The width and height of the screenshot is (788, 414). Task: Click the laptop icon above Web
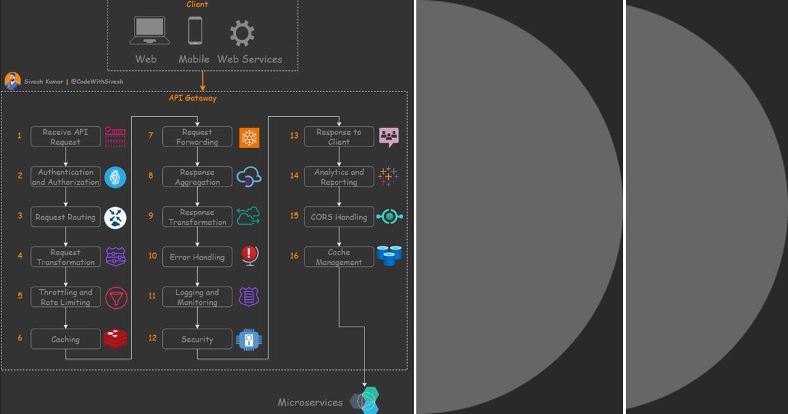(x=150, y=31)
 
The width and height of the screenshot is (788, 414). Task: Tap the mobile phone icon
(x=195, y=31)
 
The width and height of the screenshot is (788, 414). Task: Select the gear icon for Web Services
(x=242, y=32)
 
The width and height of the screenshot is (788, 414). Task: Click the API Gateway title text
(x=192, y=98)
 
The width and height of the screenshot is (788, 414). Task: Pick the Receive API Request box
(x=66, y=137)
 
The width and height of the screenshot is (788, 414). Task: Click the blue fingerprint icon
(x=116, y=177)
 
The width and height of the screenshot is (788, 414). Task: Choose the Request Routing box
(x=66, y=217)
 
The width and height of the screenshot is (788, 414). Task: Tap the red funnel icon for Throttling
(x=116, y=297)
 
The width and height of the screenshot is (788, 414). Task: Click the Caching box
(x=66, y=339)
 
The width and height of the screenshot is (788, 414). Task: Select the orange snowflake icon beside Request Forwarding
(x=250, y=137)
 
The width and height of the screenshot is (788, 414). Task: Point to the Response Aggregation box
(x=197, y=177)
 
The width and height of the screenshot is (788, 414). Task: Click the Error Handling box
(x=197, y=257)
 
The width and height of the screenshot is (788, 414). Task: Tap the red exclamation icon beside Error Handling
(x=250, y=256)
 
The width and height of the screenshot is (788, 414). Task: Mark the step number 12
(x=152, y=338)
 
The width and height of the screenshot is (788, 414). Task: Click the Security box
(x=197, y=339)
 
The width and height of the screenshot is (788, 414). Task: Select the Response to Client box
(x=339, y=137)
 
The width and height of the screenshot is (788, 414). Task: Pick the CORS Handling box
(x=339, y=217)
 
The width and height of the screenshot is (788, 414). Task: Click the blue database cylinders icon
(x=389, y=255)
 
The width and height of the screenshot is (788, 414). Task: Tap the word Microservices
(x=310, y=402)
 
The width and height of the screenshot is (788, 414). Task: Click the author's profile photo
(x=12, y=81)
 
